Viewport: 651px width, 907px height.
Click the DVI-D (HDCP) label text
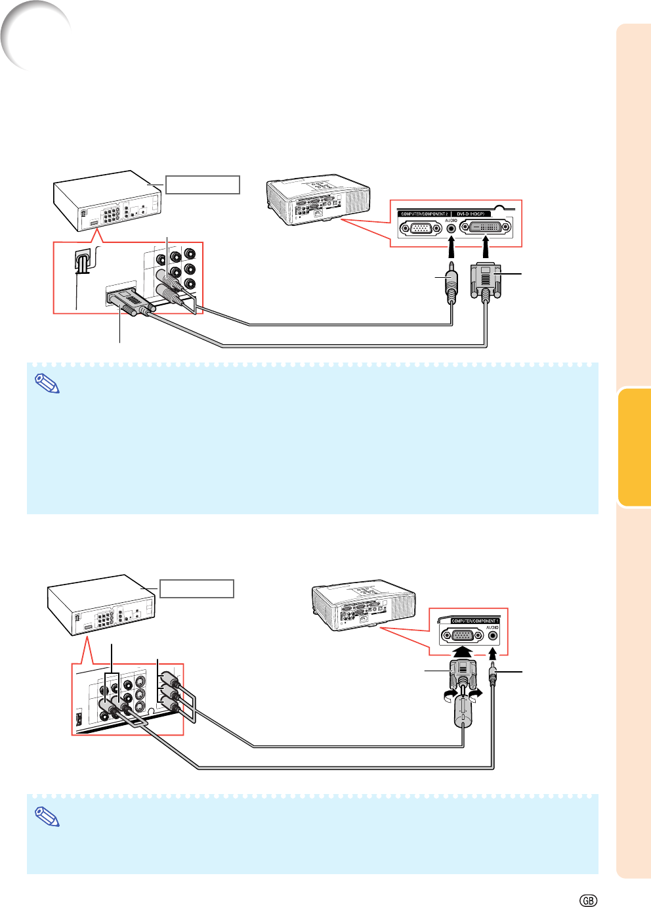[x=471, y=214]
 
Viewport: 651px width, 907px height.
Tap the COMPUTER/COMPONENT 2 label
[x=425, y=214]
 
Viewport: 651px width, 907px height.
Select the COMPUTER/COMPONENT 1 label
[x=475, y=621]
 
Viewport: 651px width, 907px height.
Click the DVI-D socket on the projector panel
[x=486, y=228]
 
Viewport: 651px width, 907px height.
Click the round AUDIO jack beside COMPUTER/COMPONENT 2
[x=451, y=228]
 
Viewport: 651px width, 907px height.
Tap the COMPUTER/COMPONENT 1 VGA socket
[x=463, y=635]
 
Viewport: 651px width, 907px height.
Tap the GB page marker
[x=589, y=900]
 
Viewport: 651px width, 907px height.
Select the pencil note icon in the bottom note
[x=47, y=816]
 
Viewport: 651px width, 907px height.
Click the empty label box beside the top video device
[x=202, y=185]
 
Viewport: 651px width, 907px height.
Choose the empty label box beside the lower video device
[x=197, y=588]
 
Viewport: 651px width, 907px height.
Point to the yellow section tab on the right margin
[x=634, y=447]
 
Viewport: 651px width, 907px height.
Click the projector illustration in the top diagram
[x=318, y=200]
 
